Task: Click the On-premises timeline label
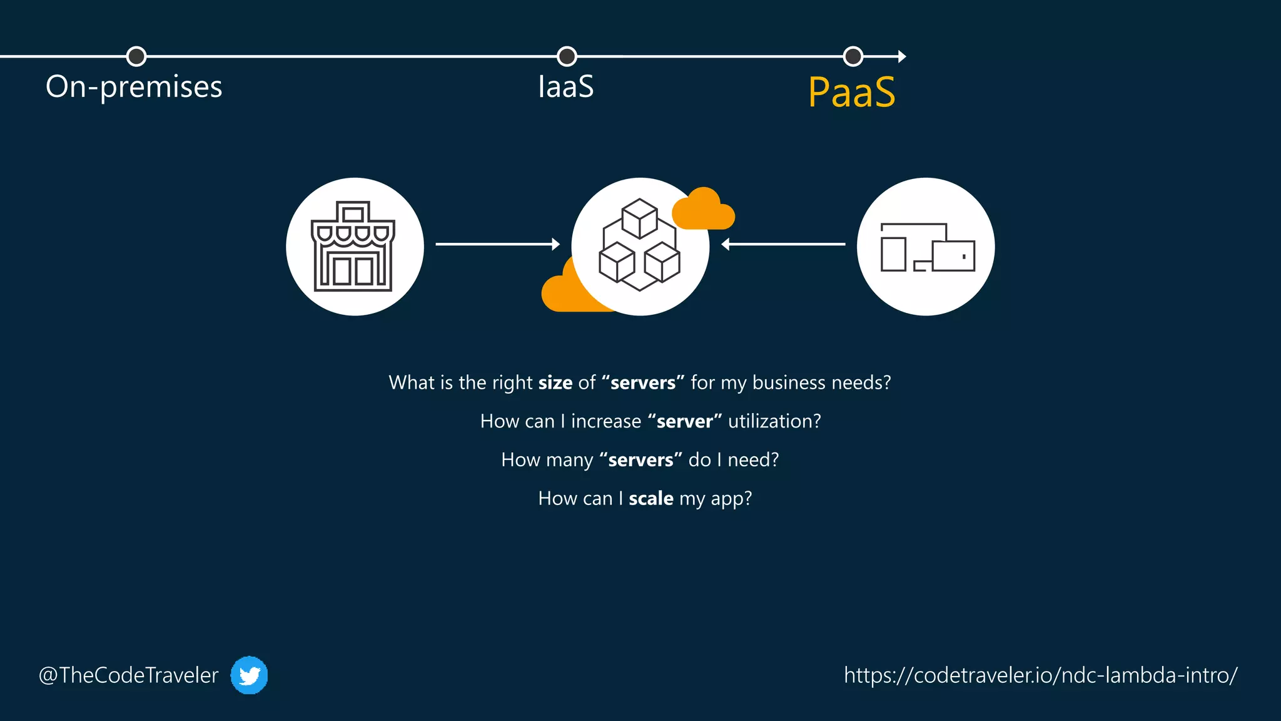pos(134,87)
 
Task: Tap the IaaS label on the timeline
pos(565,87)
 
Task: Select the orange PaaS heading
pos(851,93)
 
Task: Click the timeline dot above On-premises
pos(136,56)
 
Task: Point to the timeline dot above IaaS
pos(567,56)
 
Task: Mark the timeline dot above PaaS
pos(853,56)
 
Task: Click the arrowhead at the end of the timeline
pos(902,56)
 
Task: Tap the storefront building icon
pos(353,247)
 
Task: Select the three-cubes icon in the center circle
pos(639,245)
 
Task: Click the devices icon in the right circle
pos(927,248)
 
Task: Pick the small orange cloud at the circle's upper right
pos(704,210)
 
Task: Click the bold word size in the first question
pos(555,382)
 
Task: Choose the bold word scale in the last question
pos(651,499)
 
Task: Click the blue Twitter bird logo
pos(249,675)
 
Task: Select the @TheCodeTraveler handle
pos(129,675)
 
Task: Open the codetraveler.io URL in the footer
pos(1040,675)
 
